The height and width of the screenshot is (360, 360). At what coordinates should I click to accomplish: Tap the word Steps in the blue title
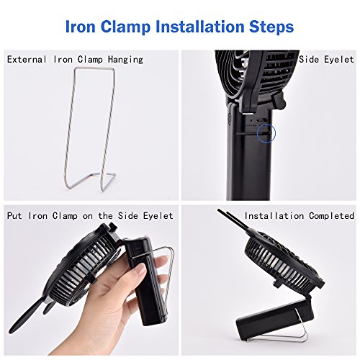(271, 27)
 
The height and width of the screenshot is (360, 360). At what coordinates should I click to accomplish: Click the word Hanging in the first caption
(125, 60)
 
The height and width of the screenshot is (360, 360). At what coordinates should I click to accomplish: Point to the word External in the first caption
(27, 59)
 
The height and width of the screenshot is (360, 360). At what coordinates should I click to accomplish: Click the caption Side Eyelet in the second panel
(326, 59)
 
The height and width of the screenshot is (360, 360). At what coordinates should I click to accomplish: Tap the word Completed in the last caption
(331, 216)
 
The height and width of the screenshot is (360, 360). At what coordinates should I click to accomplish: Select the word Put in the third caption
(14, 215)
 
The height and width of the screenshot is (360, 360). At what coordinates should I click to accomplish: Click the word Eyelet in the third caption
(158, 216)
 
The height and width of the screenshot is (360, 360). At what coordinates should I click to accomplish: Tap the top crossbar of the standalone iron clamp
(94, 68)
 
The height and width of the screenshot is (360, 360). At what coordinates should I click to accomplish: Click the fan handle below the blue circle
(250, 168)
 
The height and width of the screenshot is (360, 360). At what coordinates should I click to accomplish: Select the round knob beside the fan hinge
(279, 100)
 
